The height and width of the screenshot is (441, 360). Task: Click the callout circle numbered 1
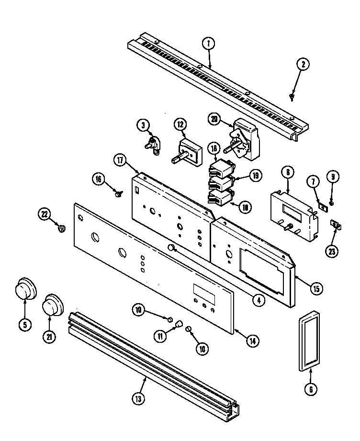(209, 44)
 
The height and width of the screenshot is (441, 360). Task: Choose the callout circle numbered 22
(45, 215)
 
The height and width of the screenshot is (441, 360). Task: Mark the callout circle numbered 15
(315, 288)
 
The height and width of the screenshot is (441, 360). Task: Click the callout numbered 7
(314, 182)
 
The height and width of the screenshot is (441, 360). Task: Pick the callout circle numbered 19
(256, 176)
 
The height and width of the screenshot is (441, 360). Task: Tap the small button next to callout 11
(178, 324)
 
